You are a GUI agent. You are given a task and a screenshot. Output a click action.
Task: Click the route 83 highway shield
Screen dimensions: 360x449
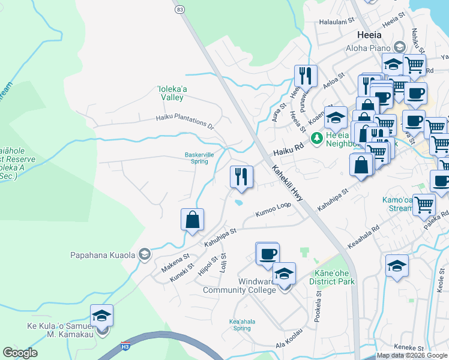[x=179, y=10]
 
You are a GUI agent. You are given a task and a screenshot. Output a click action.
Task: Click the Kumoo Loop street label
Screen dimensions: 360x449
[x=273, y=214]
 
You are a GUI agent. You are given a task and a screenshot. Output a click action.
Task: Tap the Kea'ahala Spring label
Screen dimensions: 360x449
[x=242, y=325]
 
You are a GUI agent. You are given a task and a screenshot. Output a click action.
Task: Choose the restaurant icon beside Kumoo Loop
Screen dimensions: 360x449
[x=241, y=178]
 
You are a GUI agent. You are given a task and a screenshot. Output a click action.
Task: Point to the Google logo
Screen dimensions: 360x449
[x=20, y=353]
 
